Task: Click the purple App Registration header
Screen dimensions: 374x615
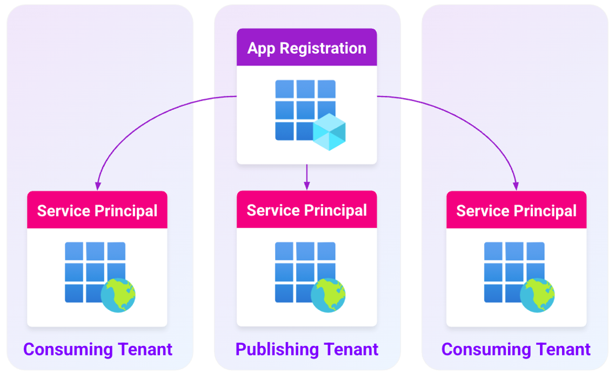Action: pyautogui.click(x=306, y=48)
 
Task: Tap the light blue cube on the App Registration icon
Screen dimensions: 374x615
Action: pyautogui.click(x=329, y=132)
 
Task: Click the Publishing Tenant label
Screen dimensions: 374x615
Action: pyautogui.click(x=306, y=349)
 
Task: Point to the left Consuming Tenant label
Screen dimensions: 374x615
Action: pyautogui.click(x=98, y=349)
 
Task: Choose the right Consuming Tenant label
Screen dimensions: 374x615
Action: pyautogui.click(x=516, y=349)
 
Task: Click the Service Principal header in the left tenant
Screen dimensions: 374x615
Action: pyautogui.click(x=97, y=211)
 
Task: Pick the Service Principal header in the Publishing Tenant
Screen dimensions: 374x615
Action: pyautogui.click(x=306, y=210)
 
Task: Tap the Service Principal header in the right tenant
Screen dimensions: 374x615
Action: pyautogui.click(x=516, y=211)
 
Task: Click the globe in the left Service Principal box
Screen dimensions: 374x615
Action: pyautogui.click(x=118, y=295)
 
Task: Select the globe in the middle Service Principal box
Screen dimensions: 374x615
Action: pyautogui.click(x=327, y=295)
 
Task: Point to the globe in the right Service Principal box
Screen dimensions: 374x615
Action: pyautogui.click(x=537, y=295)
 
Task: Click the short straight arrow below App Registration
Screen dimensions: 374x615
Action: pyautogui.click(x=306, y=176)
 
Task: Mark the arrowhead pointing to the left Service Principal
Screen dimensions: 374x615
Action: pyautogui.click(x=98, y=186)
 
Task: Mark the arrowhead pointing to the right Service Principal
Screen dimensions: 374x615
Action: pyautogui.click(x=516, y=186)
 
